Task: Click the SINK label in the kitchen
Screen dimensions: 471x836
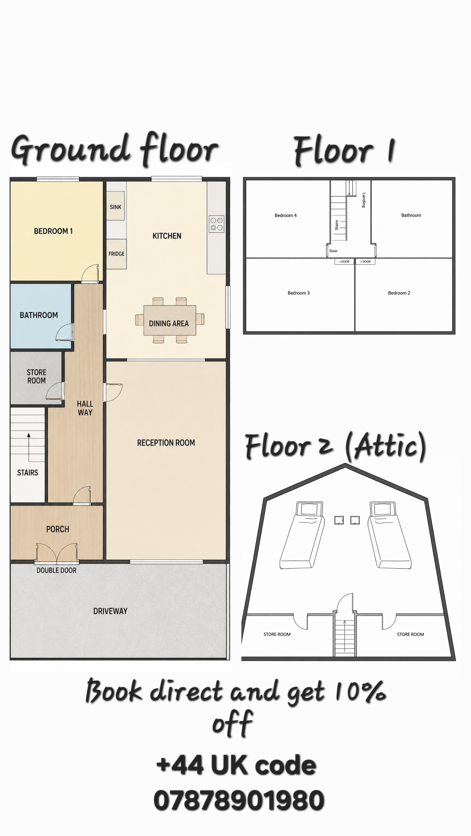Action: (x=115, y=207)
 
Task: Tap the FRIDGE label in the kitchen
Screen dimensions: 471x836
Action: (x=116, y=254)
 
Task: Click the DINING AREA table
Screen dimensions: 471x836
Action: (x=170, y=320)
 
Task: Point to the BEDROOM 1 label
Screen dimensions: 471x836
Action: (x=53, y=231)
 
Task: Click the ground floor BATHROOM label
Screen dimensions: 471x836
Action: (x=39, y=315)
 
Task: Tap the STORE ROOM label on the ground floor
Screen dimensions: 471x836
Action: (x=36, y=376)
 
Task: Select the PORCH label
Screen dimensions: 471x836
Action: (x=58, y=529)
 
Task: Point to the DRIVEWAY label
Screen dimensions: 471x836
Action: (x=110, y=611)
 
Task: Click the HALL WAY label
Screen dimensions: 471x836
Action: (x=85, y=408)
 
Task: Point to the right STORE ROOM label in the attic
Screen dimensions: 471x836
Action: (x=410, y=634)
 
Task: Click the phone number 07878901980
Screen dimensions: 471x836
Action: (x=239, y=800)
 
